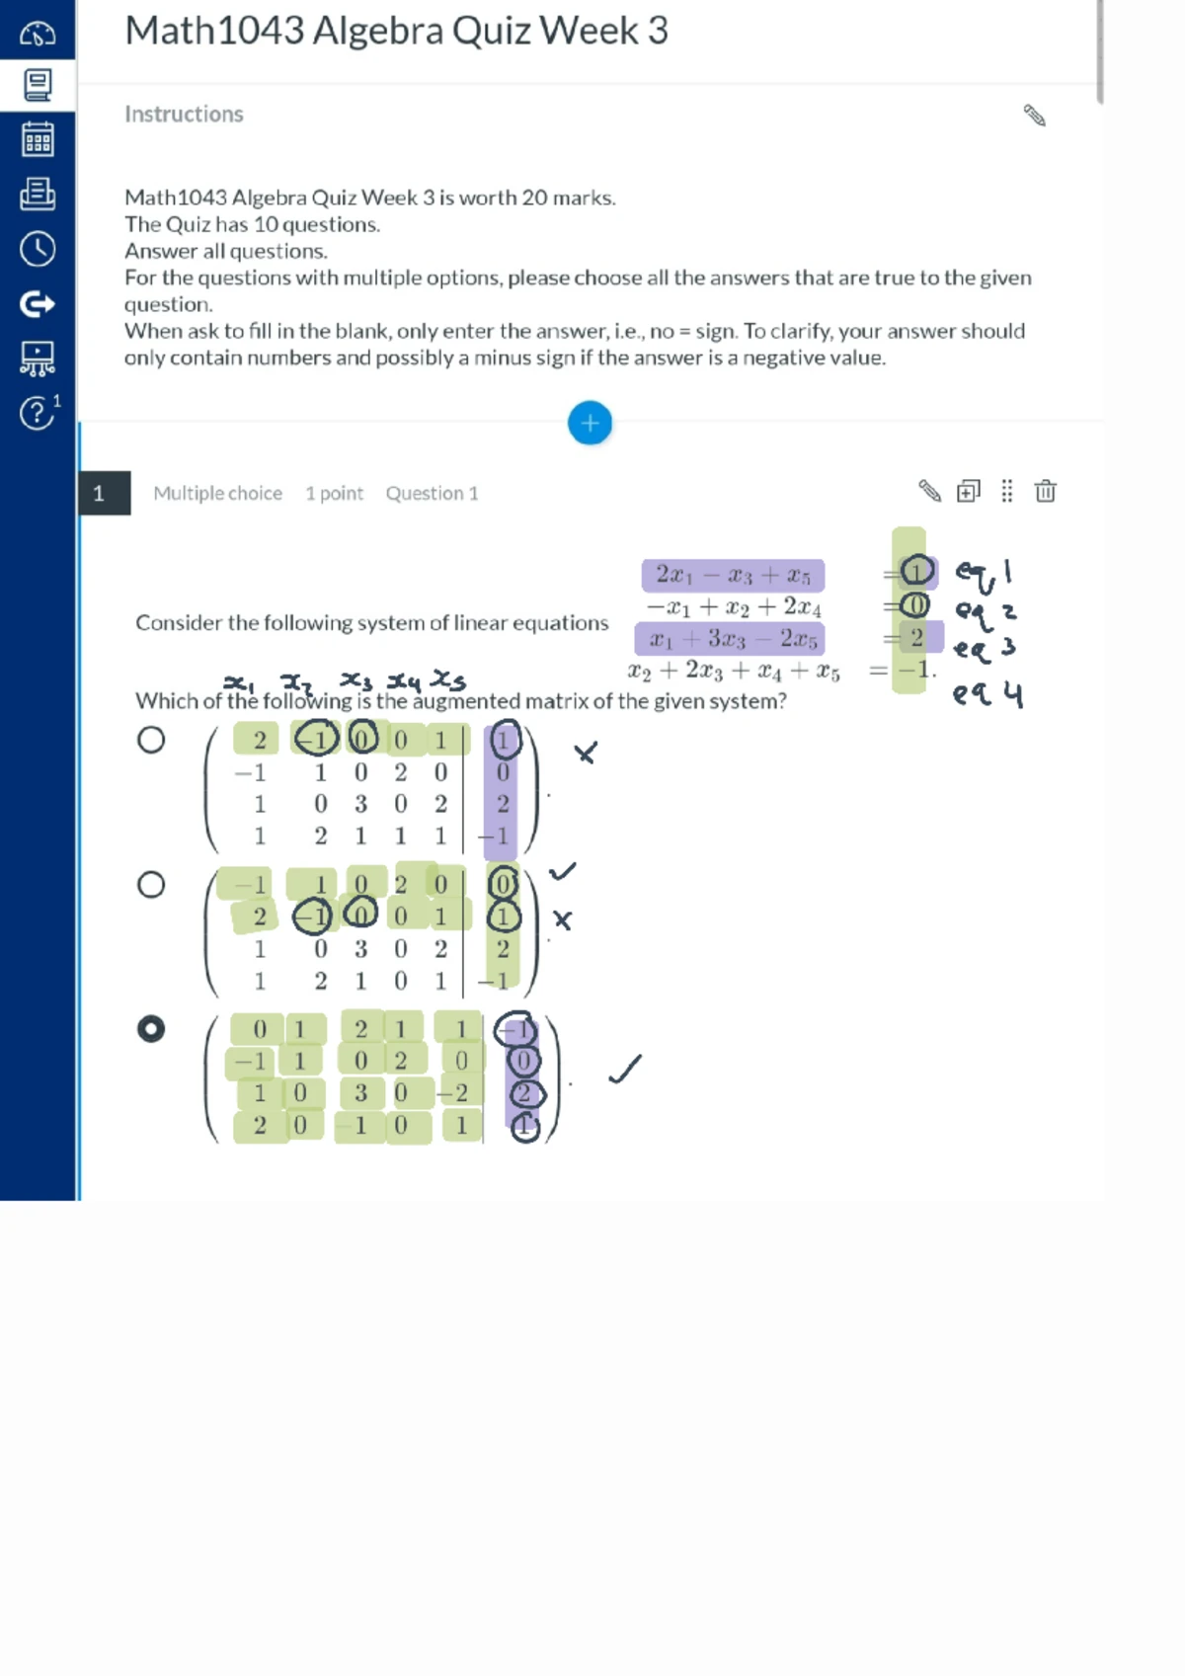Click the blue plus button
click(590, 424)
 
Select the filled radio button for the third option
click(151, 1029)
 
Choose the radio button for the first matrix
click(151, 740)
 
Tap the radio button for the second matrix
click(151, 884)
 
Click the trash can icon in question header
click(1045, 491)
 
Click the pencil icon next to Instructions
click(1034, 116)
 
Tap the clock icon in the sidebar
click(38, 249)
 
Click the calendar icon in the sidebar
click(38, 139)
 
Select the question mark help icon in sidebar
click(37, 412)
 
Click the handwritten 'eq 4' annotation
click(987, 694)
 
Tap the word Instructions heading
click(184, 115)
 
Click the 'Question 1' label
click(432, 493)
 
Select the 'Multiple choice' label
click(217, 493)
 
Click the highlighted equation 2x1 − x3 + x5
click(733, 575)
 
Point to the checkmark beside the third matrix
click(624, 1069)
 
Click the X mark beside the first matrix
click(586, 754)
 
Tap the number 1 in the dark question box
click(99, 493)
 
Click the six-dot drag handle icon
click(1006, 491)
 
